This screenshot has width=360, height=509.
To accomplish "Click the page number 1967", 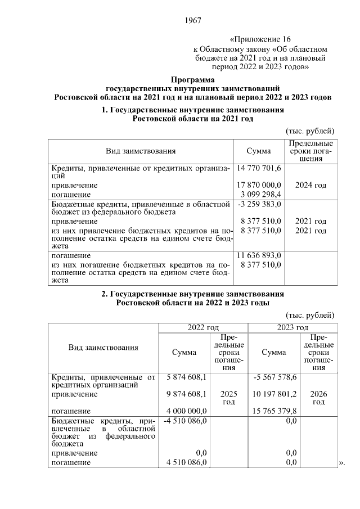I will point(192,21).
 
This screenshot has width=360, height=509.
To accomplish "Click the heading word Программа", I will point(192,79).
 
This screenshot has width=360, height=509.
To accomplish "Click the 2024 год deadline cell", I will point(310,185).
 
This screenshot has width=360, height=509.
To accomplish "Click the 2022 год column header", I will point(202,327).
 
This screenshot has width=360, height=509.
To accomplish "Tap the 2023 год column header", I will point(292,327).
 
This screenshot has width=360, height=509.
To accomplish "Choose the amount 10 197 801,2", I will point(275,394).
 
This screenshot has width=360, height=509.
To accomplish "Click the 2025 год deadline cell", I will point(228,398).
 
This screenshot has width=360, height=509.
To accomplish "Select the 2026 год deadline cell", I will point(318,398).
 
